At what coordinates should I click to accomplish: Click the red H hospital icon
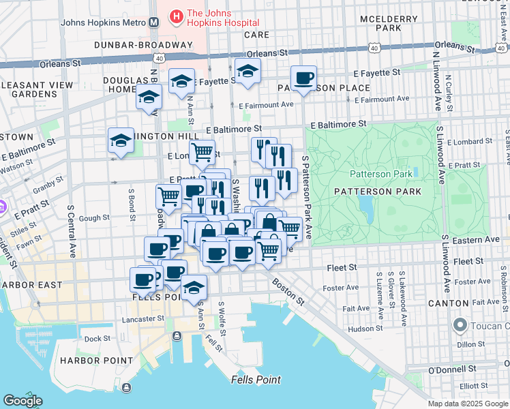pos(177,15)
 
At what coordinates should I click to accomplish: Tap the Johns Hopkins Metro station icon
pos(154,22)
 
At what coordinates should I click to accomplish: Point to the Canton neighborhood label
pos(447,303)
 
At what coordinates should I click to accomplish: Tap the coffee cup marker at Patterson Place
pos(303,78)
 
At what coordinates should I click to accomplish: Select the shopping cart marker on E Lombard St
pos(202,153)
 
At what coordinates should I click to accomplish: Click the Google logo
pos(22,401)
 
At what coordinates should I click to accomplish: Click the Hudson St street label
pos(365,328)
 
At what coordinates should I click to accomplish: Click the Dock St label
pos(97,338)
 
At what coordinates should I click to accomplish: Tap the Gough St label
pos(95,218)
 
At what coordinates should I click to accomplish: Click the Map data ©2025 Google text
pos(467,404)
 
